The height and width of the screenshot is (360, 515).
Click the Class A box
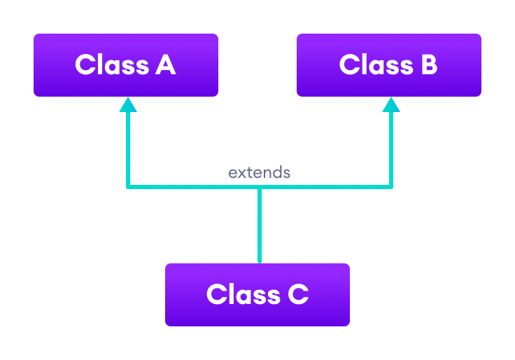click(x=126, y=65)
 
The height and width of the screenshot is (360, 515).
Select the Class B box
click(x=389, y=65)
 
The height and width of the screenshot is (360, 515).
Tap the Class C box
click(x=257, y=295)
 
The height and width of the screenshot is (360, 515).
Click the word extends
click(x=259, y=172)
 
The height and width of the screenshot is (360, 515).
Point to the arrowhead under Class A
click(x=127, y=105)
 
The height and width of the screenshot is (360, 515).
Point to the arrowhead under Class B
click(x=391, y=105)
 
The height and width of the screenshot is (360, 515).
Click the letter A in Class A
click(x=165, y=65)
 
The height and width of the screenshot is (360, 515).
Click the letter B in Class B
click(x=428, y=65)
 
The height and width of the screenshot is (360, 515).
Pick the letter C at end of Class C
click(x=297, y=295)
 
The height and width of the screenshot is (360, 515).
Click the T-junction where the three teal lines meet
click(x=260, y=187)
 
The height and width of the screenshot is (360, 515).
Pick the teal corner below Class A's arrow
click(x=128, y=186)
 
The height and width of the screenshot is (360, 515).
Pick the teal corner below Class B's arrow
click(x=390, y=186)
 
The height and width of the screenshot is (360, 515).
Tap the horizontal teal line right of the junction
click(x=325, y=187)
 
